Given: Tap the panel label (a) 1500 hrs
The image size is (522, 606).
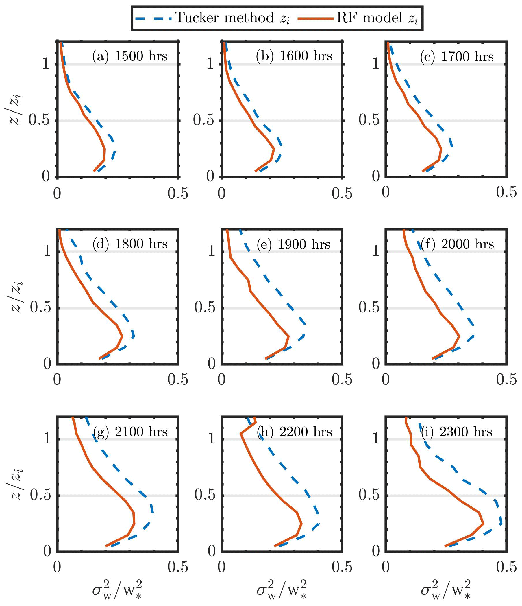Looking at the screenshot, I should [x=130, y=56].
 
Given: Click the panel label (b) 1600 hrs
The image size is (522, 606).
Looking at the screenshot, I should [x=294, y=56].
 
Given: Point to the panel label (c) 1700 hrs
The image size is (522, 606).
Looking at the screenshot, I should [x=457, y=56].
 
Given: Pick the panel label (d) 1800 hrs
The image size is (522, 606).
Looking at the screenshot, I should [x=130, y=244].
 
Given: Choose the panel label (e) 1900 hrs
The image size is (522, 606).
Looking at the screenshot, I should [x=293, y=244].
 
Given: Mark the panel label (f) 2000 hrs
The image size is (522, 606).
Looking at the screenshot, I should [x=457, y=244].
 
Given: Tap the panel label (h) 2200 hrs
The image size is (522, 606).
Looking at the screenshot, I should [x=294, y=432].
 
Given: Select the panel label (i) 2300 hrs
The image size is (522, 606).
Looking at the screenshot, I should [x=456, y=432].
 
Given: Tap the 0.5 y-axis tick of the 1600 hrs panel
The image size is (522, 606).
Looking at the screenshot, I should [x=203, y=120].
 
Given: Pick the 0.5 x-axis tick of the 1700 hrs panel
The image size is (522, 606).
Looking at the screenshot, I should [x=506, y=192].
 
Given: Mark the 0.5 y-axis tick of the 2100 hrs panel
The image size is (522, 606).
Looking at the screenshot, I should [x=40, y=495].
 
